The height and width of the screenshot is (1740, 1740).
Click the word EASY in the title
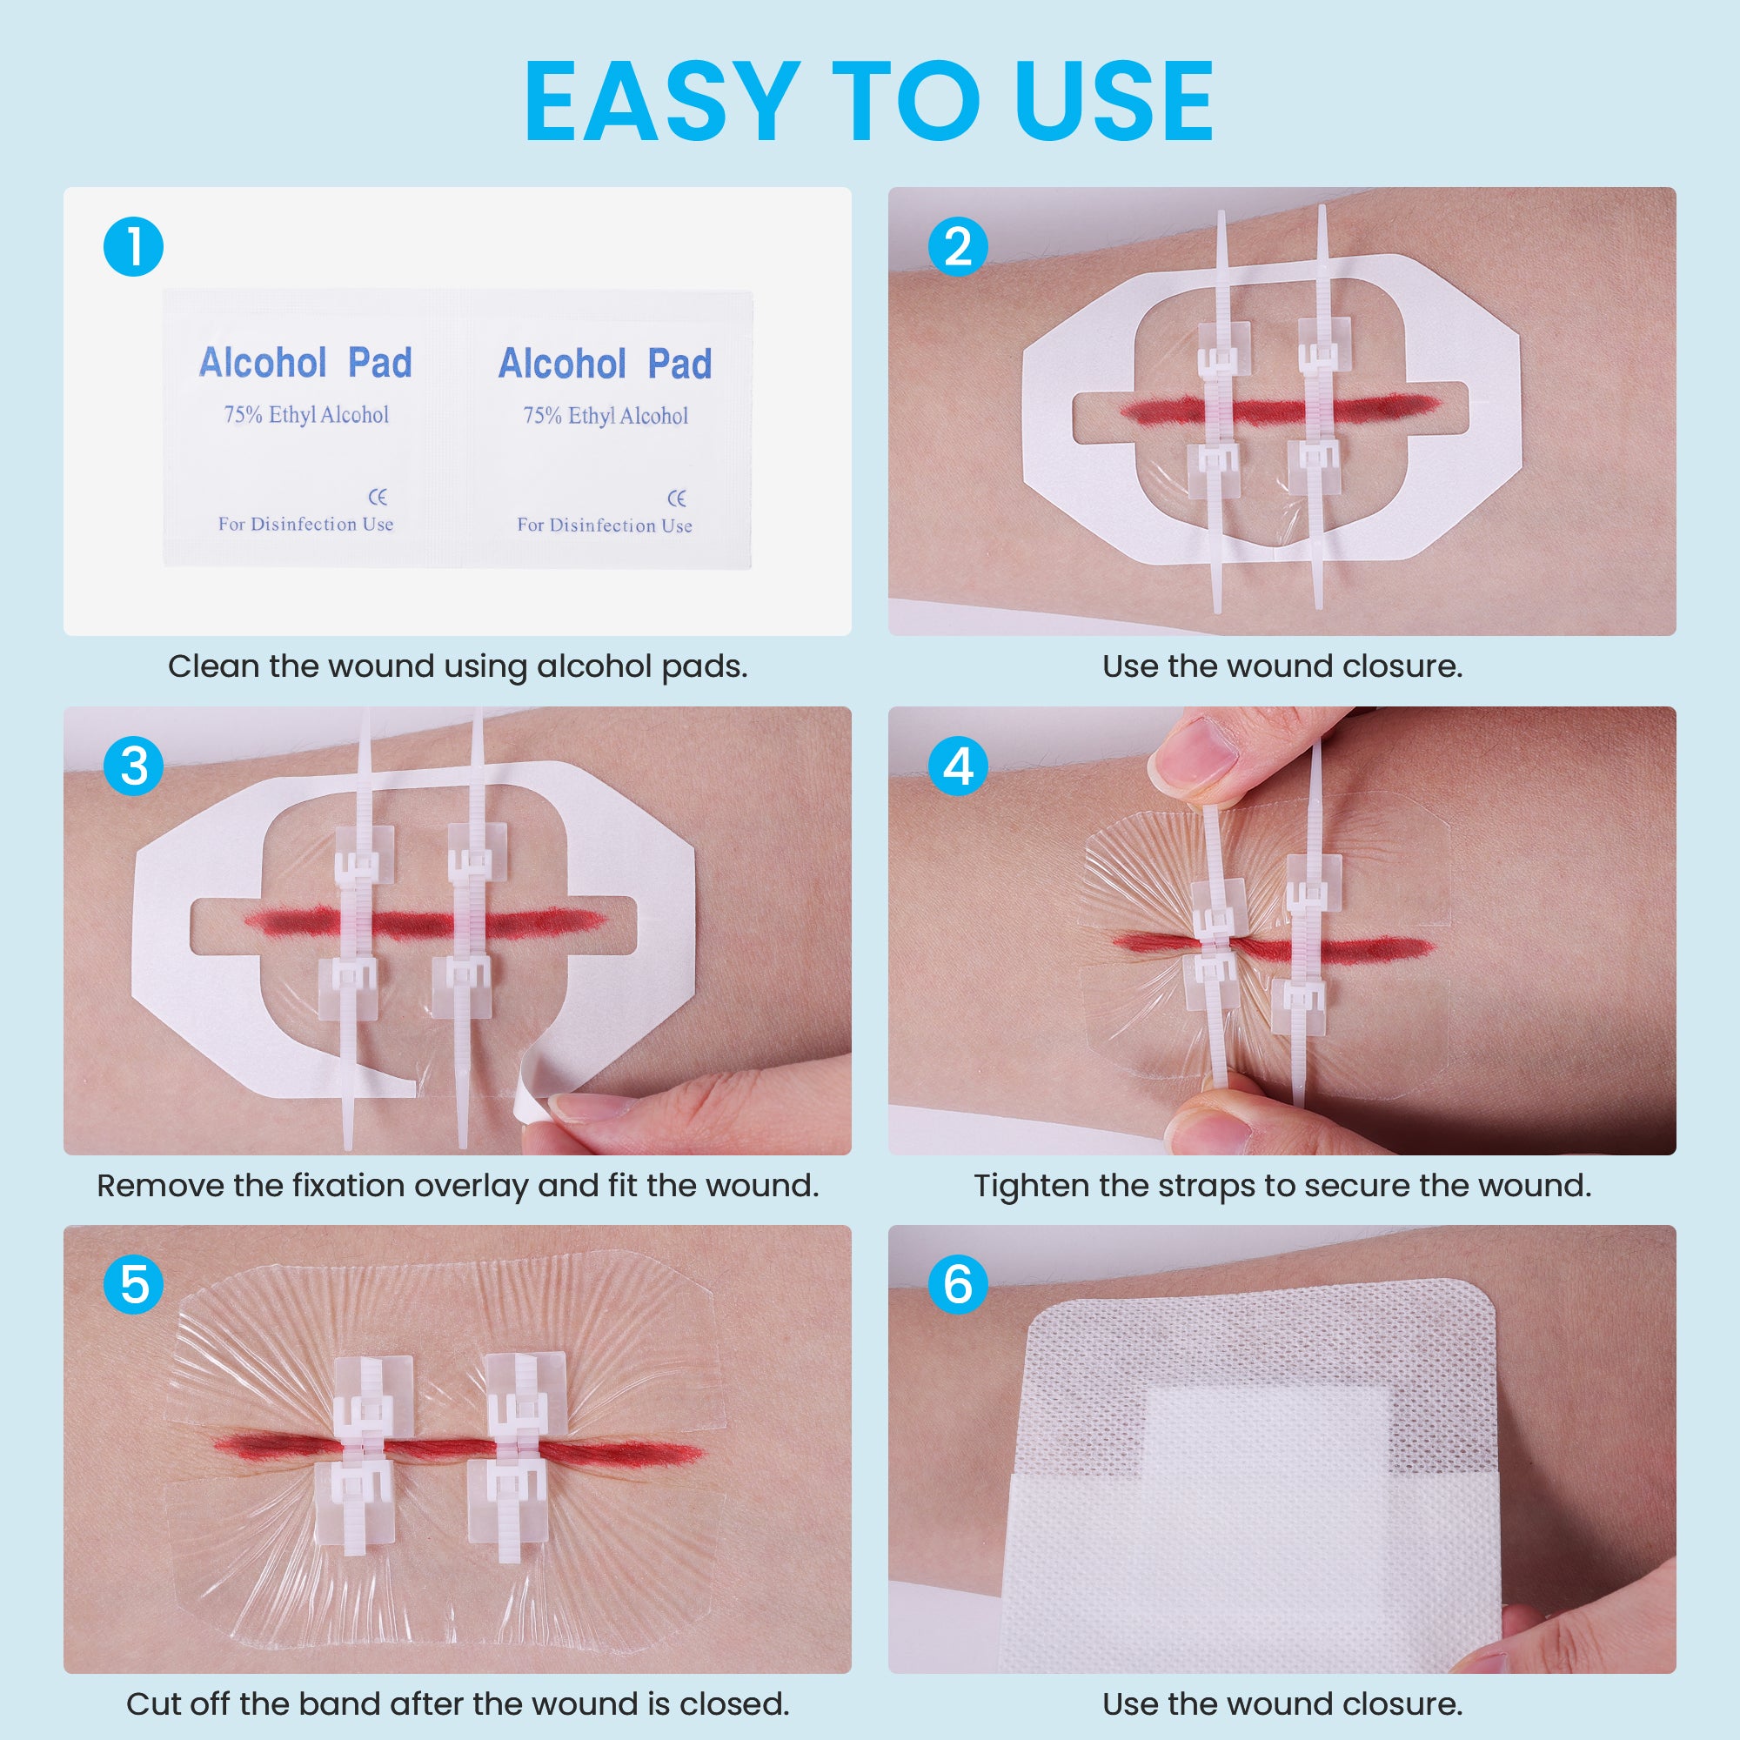(x=662, y=101)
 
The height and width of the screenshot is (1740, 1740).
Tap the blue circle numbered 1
(x=133, y=247)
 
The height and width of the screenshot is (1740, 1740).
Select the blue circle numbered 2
(x=957, y=247)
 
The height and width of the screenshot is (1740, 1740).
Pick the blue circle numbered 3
(x=133, y=766)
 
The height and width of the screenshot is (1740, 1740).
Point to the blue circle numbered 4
(x=957, y=766)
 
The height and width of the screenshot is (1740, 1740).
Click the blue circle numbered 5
(x=133, y=1284)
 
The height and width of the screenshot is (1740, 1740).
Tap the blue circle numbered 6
(x=957, y=1284)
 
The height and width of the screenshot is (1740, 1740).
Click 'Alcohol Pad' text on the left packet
(x=305, y=363)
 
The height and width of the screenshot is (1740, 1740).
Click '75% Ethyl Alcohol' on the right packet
(x=606, y=416)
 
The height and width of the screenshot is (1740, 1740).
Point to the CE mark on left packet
(x=378, y=497)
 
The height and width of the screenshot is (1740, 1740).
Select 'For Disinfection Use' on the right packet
(x=605, y=525)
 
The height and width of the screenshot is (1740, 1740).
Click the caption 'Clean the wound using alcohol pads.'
(x=458, y=666)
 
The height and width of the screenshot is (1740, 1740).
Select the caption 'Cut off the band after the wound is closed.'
(x=458, y=1704)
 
